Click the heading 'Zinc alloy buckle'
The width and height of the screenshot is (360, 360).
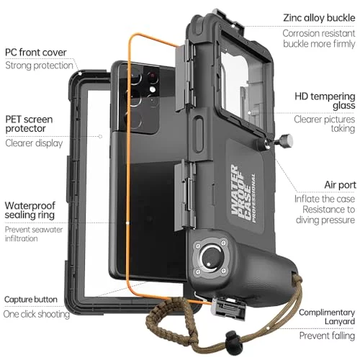click(319, 18)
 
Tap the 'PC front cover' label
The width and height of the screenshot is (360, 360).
click(36, 53)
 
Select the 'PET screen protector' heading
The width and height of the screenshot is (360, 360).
click(29, 124)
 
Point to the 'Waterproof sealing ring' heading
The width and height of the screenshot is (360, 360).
click(30, 210)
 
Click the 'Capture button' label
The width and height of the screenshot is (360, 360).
click(31, 300)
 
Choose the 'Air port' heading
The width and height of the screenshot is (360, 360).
click(340, 185)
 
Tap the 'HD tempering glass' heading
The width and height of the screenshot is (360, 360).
click(325, 101)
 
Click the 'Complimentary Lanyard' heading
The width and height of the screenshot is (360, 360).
click(327, 317)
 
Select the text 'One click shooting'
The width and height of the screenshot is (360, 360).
click(37, 314)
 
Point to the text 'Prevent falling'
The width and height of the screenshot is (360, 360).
click(327, 336)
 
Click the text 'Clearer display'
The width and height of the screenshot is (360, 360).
click(34, 143)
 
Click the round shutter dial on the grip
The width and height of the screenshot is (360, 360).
click(210, 258)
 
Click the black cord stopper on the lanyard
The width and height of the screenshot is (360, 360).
click(232, 338)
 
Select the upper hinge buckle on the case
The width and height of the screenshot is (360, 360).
click(185, 76)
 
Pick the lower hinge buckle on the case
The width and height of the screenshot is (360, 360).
click(185, 196)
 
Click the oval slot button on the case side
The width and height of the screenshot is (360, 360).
click(199, 135)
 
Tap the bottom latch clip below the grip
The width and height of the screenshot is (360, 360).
click(228, 309)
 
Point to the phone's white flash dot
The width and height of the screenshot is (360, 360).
click(153, 89)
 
